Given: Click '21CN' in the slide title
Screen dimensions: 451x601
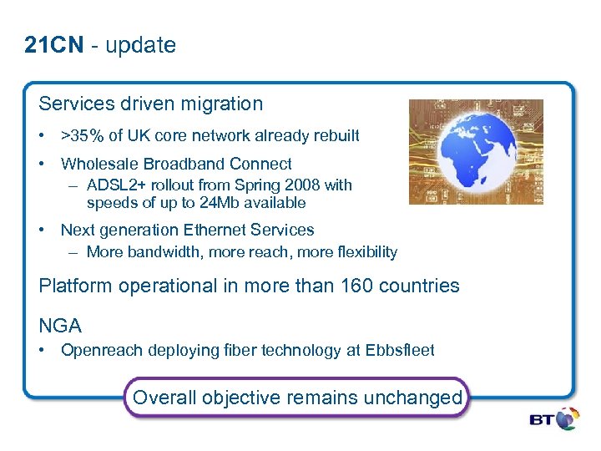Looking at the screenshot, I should [x=54, y=45].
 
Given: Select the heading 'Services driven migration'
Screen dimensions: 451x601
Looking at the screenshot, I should [x=150, y=104].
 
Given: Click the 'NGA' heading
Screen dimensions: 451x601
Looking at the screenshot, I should [x=60, y=325].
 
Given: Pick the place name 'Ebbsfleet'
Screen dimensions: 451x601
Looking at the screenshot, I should [x=400, y=351].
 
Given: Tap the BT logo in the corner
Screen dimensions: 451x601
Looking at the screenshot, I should [x=553, y=418].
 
